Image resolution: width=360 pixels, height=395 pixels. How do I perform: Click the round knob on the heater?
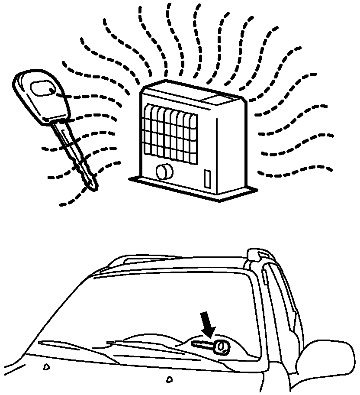(x=164, y=172)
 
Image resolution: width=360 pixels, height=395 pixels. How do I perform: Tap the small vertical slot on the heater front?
(x=207, y=179)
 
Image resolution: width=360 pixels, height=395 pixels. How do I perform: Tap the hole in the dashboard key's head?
(x=222, y=347)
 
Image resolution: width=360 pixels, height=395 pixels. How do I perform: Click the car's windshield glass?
(x=164, y=303)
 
